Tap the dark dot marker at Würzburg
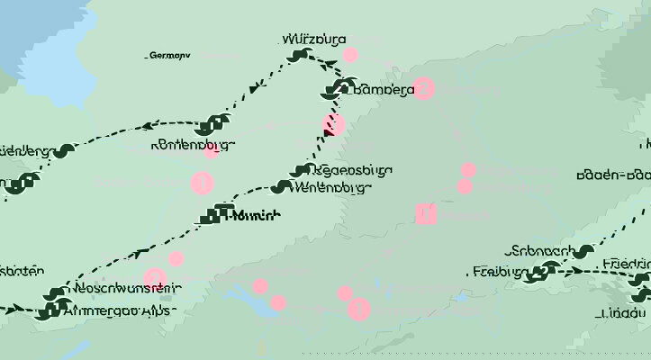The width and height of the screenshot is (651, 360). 298,56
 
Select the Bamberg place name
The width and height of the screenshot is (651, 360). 384,89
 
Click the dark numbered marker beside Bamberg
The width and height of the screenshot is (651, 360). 339,88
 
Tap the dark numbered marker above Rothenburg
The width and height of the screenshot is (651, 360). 213,123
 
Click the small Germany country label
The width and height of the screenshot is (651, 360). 168,56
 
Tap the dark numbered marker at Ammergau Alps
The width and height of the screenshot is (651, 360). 44,311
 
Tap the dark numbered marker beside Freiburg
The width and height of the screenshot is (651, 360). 543,271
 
